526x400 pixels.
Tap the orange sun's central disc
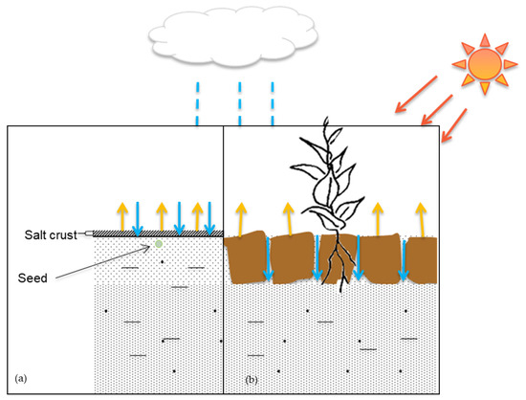point(485,63)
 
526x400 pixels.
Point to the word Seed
point(34,279)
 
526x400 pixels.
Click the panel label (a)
point(19,381)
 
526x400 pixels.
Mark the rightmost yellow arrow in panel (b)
point(422,219)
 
